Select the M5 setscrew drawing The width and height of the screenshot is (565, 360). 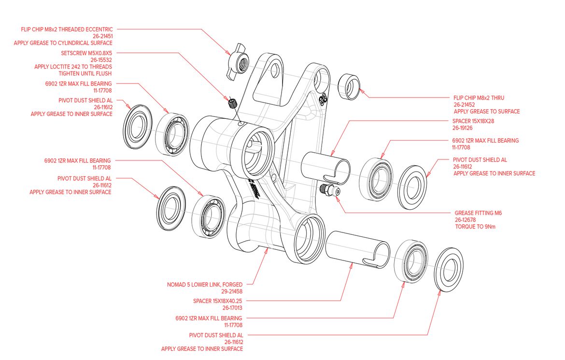coord(233,102)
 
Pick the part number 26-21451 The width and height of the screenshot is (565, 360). coord(102,36)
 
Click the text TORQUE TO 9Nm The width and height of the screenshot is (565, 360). coord(475,226)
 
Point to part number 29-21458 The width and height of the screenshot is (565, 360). coord(232,292)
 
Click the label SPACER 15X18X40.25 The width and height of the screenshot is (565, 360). coord(217,301)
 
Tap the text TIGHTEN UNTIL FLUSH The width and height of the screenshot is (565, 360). coord(85,73)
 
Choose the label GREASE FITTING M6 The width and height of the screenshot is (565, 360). coord(478,213)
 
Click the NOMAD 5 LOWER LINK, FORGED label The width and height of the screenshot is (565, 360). coord(205,285)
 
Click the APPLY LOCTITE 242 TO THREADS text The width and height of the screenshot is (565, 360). coord(73,67)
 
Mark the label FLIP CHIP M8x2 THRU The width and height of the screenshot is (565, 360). coord(479,98)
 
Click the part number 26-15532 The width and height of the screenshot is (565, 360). coord(102,60)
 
